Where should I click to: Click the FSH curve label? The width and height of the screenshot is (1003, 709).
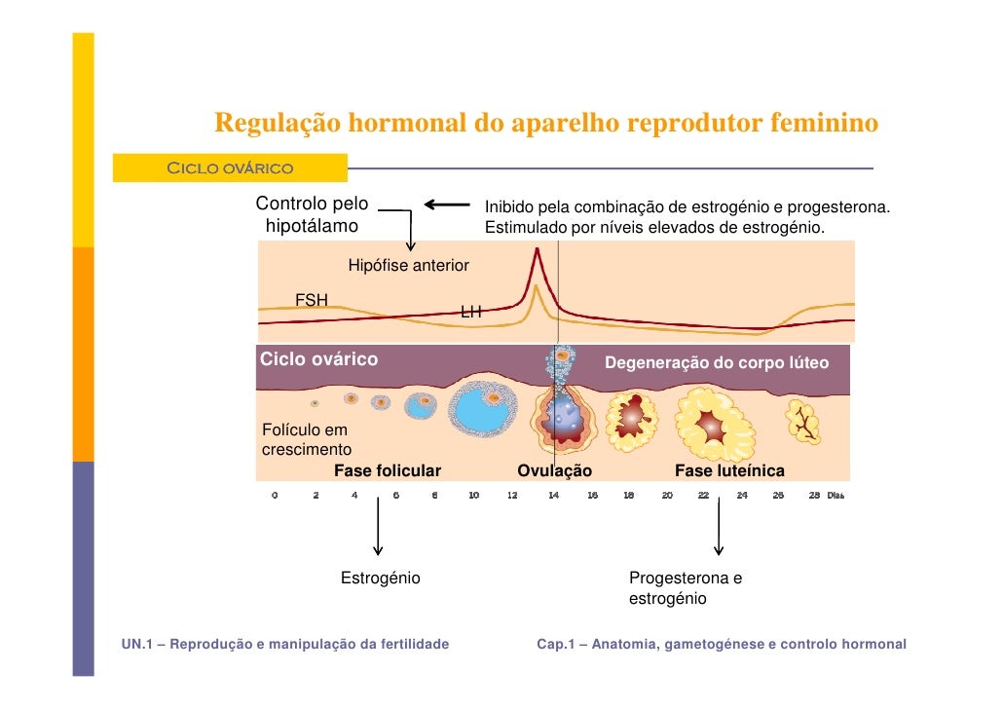click(x=312, y=300)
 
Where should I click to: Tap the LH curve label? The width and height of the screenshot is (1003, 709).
click(x=471, y=313)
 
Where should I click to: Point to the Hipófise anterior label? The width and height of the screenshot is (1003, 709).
click(x=408, y=266)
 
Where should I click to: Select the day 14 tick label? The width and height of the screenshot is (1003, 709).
click(x=553, y=496)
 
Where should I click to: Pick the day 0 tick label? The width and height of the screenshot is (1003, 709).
click(x=275, y=496)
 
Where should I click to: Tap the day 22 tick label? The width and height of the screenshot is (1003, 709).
click(x=703, y=496)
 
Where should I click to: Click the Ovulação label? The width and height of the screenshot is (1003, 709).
click(x=554, y=471)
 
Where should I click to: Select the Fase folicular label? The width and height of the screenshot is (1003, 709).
click(x=388, y=471)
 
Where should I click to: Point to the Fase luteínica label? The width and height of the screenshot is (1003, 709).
click(x=729, y=471)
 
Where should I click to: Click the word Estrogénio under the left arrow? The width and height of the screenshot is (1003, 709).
click(x=380, y=578)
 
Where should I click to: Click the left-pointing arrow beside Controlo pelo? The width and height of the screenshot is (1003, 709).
click(x=447, y=205)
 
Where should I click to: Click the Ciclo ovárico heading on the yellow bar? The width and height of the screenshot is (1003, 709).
click(x=230, y=168)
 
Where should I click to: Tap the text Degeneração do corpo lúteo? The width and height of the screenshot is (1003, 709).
click(x=717, y=363)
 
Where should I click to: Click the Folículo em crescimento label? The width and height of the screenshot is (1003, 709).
click(x=306, y=439)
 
